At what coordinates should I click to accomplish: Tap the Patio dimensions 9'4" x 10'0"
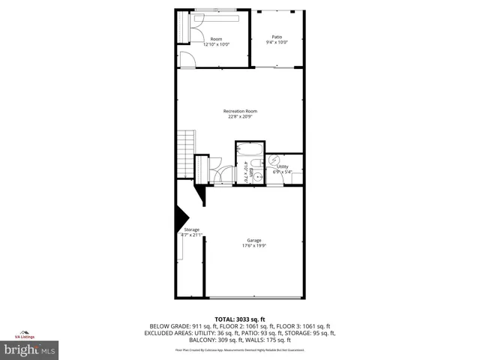[x=277, y=43]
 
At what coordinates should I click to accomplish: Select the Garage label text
[x=254, y=240]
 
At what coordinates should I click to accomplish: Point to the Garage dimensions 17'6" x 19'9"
[x=254, y=246]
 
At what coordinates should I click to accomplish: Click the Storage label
[x=192, y=229]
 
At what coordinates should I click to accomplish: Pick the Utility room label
[x=283, y=166]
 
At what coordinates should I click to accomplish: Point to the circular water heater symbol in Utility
[x=274, y=160]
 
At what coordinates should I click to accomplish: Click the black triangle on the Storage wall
[x=181, y=220]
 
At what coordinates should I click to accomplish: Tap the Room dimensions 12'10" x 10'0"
[x=216, y=44]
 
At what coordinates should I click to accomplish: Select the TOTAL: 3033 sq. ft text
[x=240, y=319]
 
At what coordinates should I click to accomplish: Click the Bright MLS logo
[x=30, y=349]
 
